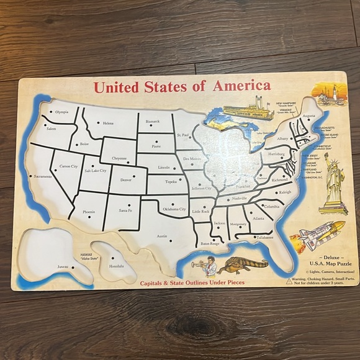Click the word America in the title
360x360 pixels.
coord(241,86)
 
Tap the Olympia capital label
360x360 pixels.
coord(62,112)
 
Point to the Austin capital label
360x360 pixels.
coord(162,236)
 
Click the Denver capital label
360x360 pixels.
coord(126,180)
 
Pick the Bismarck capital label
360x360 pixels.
coord(153,121)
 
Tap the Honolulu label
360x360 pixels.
coord(117,266)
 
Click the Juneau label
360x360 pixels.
coord(63,267)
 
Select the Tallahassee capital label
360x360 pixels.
coord(263,237)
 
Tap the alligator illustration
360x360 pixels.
coord(243,265)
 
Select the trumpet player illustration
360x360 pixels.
coord(209,267)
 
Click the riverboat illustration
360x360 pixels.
coord(248,109)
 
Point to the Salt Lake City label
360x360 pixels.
coord(96,170)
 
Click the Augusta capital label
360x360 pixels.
coord(308,116)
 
